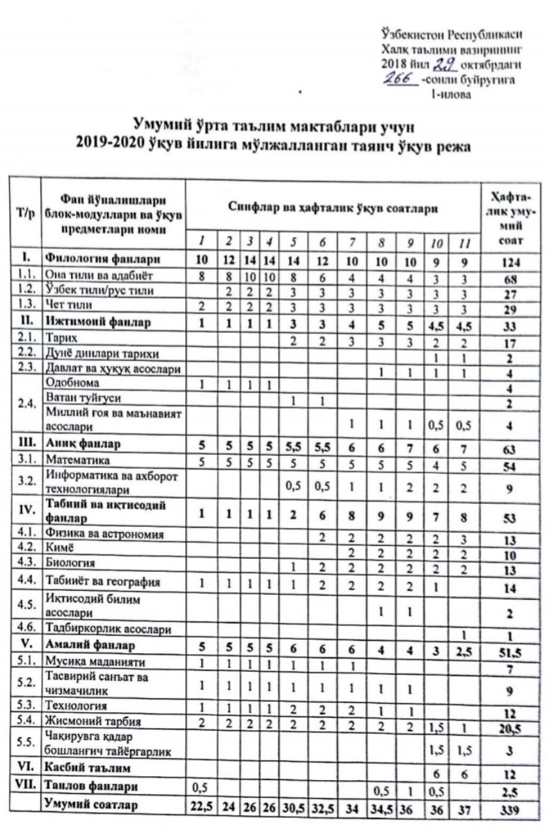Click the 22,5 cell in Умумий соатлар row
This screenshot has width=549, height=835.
click(x=200, y=805)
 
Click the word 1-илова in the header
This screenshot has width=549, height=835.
click(x=447, y=94)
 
